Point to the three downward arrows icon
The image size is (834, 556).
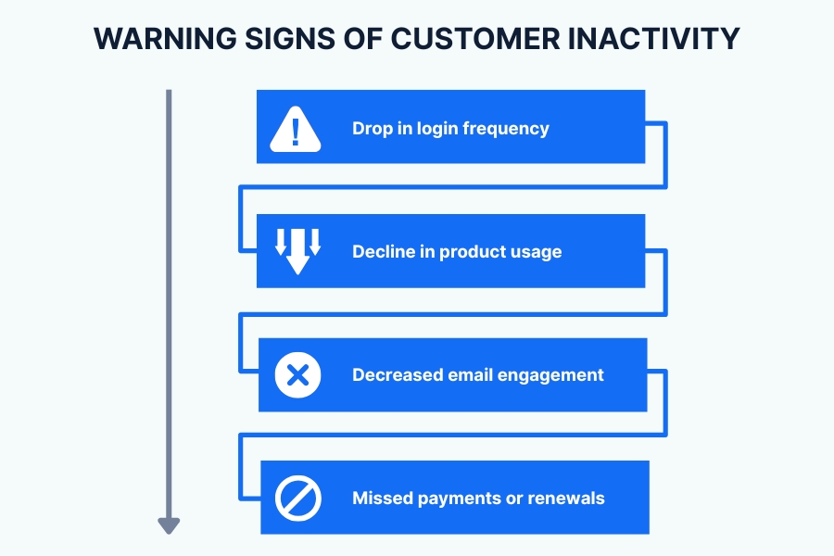coord(297,250)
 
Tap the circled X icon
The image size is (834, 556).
coord(297,375)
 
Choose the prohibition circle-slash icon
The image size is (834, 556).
coord(298,499)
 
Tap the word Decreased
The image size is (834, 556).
coord(396,375)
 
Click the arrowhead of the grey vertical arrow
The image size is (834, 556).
coord(168,525)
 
